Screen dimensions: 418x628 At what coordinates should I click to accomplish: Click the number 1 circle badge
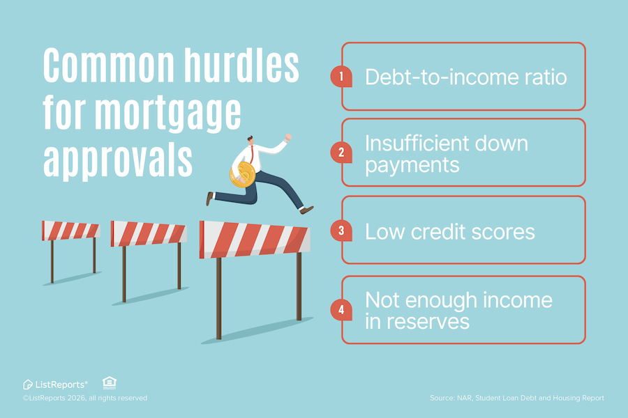(341, 77)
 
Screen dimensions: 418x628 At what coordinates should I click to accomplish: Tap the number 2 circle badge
(341, 153)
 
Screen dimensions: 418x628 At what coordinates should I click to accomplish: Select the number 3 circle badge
(341, 231)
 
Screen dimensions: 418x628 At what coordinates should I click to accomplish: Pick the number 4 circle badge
(341, 309)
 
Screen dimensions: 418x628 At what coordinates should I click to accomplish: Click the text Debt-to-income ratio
(465, 77)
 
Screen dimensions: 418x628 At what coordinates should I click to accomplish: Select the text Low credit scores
(450, 231)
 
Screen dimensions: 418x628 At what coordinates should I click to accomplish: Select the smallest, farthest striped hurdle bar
(70, 231)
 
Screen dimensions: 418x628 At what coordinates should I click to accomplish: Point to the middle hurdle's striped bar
(149, 233)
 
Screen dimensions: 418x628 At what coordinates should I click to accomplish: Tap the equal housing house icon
(109, 382)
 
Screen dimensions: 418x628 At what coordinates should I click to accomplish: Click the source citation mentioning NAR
(516, 398)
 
